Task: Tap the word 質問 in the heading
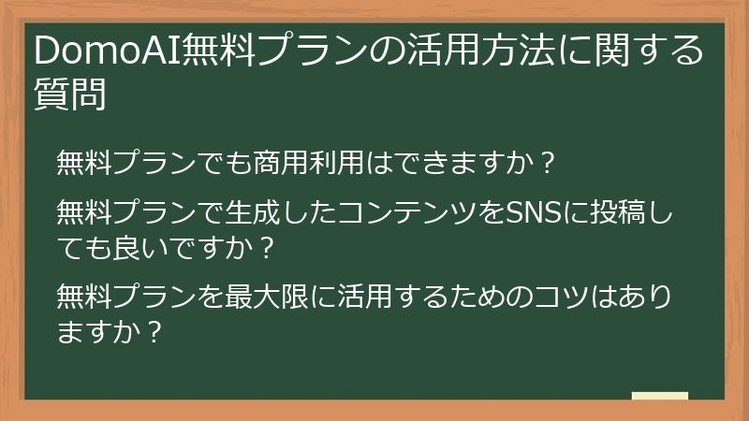68,94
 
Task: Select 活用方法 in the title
478,52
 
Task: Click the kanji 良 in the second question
125,250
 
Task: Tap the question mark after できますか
550,164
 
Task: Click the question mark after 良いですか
265,250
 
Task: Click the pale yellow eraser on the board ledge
659,396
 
